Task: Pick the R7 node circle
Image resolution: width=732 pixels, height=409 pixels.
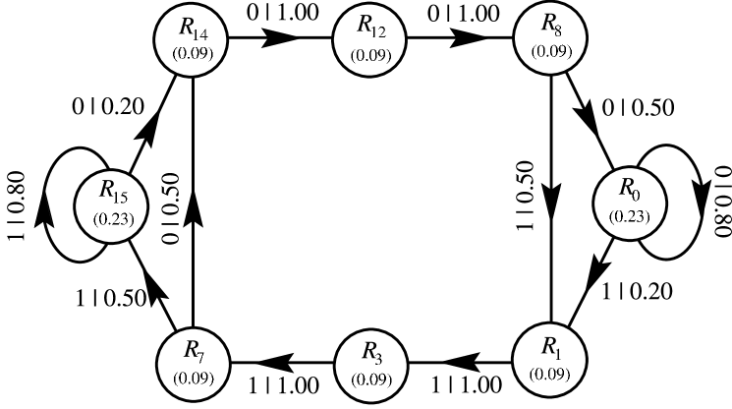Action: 194,361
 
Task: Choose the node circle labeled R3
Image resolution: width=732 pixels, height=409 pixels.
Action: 371,364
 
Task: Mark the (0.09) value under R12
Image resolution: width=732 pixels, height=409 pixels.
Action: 372,54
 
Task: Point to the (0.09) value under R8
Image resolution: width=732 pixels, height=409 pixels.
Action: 550,51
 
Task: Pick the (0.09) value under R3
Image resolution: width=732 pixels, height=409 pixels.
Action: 370,380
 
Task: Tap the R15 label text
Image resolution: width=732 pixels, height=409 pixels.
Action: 112,190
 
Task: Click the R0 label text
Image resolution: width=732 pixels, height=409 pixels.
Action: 628,187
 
